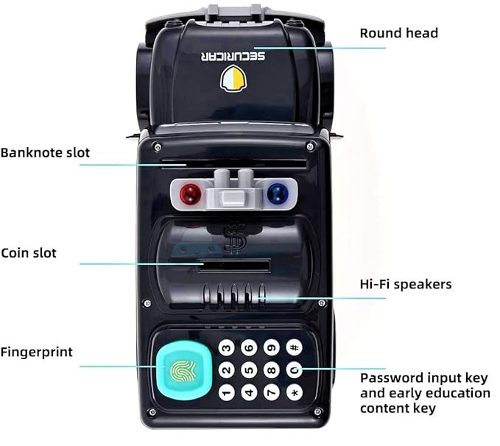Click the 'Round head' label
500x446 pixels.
(x=399, y=33)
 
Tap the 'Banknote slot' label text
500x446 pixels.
(x=45, y=152)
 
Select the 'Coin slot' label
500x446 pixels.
(x=29, y=253)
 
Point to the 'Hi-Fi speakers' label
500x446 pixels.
(x=406, y=284)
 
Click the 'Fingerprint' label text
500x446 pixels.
(x=36, y=353)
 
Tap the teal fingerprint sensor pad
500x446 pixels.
(x=184, y=370)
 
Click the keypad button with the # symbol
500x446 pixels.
(x=295, y=347)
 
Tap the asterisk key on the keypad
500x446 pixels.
(x=295, y=392)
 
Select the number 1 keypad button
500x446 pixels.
(x=227, y=392)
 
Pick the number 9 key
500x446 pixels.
(x=272, y=347)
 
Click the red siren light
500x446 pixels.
(x=191, y=194)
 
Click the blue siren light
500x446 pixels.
(x=278, y=194)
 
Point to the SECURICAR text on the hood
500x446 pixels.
(x=233, y=57)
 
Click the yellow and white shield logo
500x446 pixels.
(x=233, y=79)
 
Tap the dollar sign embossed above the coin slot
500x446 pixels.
(x=235, y=238)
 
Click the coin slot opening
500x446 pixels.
(x=233, y=266)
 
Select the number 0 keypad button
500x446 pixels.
(x=295, y=369)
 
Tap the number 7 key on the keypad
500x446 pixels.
(x=272, y=392)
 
